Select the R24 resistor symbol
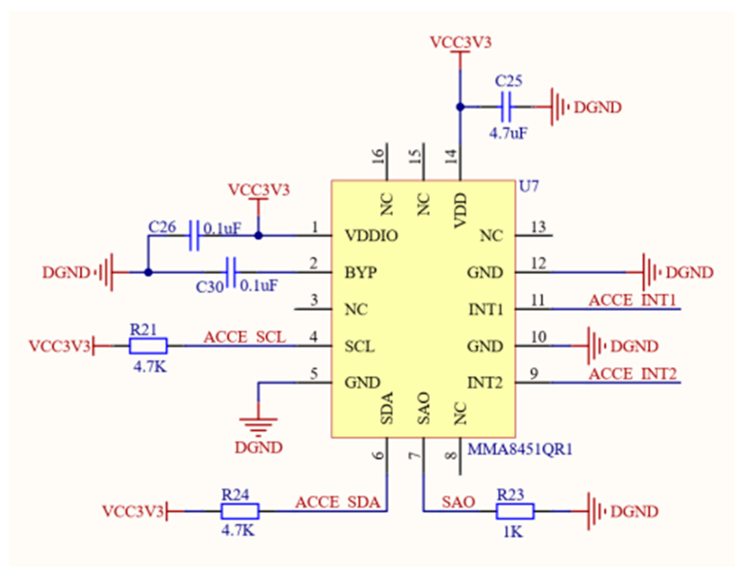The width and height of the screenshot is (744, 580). [240, 511]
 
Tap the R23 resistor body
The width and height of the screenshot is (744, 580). [515, 511]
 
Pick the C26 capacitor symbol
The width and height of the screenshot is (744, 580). [194, 236]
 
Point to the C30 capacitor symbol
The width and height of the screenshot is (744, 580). [231, 272]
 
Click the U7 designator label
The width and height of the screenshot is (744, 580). [528, 186]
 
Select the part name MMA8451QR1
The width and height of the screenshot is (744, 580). [520, 449]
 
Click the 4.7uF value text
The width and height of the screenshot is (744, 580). [508, 133]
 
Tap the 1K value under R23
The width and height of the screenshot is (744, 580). [513, 532]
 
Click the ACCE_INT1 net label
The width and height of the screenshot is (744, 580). [632, 301]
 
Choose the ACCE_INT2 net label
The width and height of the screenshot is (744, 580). [633, 374]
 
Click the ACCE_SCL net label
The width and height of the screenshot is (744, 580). [245, 337]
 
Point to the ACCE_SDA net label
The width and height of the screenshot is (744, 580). [337, 502]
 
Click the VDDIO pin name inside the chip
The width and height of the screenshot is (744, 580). [371, 236]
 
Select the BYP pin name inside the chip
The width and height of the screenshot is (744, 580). [361, 272]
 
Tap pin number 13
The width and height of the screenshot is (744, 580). [539, 227]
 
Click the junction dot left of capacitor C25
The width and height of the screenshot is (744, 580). [460, 107]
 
